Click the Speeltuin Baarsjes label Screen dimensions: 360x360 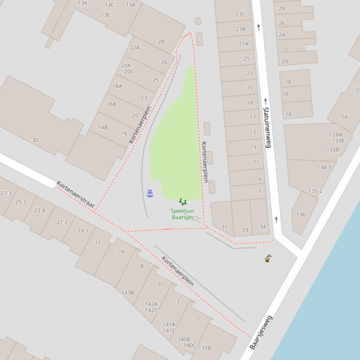(x=183, y=214)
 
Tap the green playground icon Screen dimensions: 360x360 (x=183, y=202)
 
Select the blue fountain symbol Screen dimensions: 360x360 (x=150, y=194)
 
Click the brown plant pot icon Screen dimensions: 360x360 (x=268, y=258)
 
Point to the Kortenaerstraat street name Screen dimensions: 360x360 (x=75, y=194)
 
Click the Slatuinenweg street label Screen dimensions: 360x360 (x=267, y=127)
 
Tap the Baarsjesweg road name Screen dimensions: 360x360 (x=261, y=332)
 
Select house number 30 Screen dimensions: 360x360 (x=35, y=140)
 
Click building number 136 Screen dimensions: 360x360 (x=301, y=215)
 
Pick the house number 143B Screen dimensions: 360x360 (x=127, y=293)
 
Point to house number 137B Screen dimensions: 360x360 (x=205, y=348)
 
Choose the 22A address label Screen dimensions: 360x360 (x=134, y=48)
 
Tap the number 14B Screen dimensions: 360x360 (x=103, y=127)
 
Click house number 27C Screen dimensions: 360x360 (x=240, y=14)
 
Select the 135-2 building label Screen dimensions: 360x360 (x=316, y=191)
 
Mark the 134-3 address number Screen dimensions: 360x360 (x=324, y=167)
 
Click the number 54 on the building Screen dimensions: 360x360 (x=345, y=117)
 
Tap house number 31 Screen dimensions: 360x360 (x=224, y=227)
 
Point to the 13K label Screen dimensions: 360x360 (x=83, y=3)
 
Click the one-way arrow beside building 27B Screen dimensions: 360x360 (x=258, y=27)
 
